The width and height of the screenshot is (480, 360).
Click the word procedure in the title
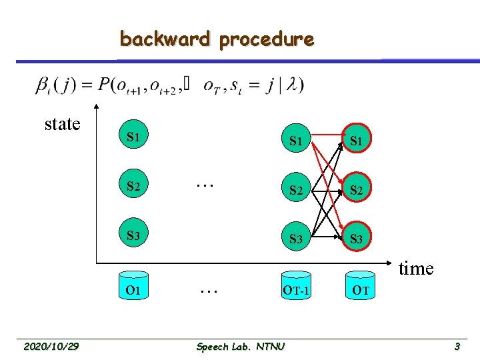[x=266, y=40]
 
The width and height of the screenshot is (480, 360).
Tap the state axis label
[x=62, y=124]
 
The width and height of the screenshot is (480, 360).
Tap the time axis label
[x=417, y=268]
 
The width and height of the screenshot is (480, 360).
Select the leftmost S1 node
[x=133, y=137]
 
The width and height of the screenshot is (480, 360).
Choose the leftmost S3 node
[x=133, y=235]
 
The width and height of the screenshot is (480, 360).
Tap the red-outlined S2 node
[x=356, y=189]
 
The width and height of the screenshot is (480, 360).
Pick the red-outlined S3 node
[x=356, y=238]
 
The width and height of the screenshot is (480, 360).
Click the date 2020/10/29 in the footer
[x=51, y=346]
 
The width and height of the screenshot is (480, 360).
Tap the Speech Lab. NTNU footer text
[x=241, y=346]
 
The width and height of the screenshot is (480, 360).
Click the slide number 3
[x=457, y=346]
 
